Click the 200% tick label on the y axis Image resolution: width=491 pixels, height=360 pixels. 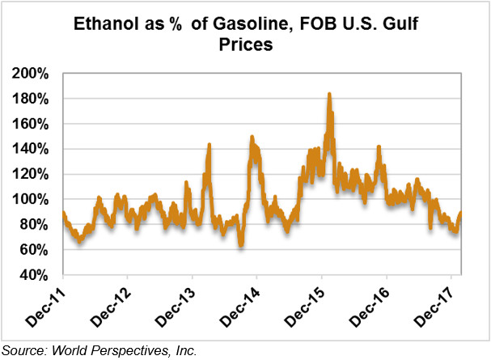[x=32, y=74]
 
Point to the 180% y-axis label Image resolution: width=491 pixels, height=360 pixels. [x=32, y=99]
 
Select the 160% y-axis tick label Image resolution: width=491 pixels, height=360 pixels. [x=32, y=124]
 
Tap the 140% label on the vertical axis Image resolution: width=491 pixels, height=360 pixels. [x=32, y=149]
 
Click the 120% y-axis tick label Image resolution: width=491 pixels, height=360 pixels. [x=32, y=174]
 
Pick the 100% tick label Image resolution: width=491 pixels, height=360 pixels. [x=32, y=199]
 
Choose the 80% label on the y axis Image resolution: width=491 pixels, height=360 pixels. [x=35, y=224]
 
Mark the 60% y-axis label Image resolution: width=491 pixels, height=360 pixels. [x=35, y=249]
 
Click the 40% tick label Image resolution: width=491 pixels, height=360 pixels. [x=35, y=274]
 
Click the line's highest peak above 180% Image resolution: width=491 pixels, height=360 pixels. [x=329, y=95]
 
